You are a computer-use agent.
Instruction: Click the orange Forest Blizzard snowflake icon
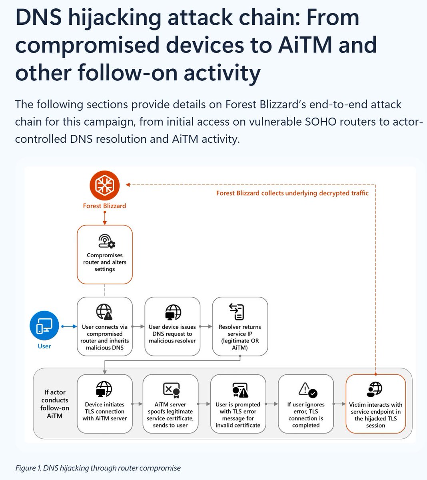point(104,185)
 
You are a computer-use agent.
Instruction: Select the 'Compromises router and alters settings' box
point(104,254)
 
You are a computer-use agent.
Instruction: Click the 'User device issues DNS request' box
point(172,326)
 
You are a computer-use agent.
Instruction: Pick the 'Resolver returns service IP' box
point(240,326)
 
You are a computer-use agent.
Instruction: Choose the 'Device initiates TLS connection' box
point(104,403)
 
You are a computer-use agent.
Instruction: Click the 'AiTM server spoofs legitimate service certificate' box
point(170,403)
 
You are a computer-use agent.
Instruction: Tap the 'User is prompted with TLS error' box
point(238,403)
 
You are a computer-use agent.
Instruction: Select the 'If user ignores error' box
point(306,403)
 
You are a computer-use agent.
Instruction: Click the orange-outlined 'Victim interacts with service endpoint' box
point(375,403)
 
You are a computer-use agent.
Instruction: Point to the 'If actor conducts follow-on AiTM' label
point(55,404)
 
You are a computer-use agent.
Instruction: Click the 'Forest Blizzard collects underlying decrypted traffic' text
point(292,193)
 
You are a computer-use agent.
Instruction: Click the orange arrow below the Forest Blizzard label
point(104,218)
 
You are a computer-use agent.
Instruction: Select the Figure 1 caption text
point(98,468)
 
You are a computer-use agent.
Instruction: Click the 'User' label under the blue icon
point(44,346)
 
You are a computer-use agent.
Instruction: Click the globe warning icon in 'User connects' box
point(104,312)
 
